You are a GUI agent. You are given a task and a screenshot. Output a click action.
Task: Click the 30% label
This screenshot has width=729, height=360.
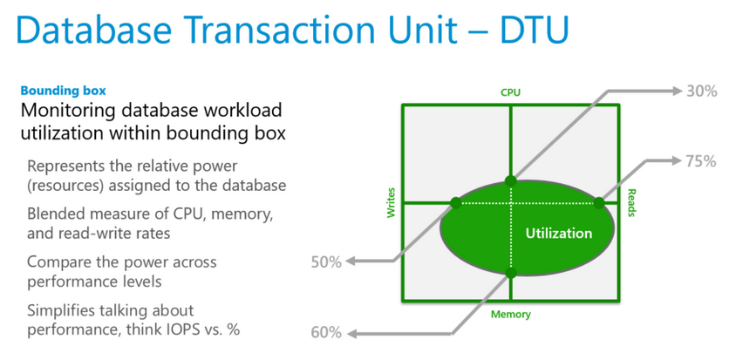pos(702,91)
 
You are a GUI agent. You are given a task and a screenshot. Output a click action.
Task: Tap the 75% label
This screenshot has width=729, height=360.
pos(700,161)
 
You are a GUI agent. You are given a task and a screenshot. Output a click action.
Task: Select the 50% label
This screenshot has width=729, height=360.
pos(326,262)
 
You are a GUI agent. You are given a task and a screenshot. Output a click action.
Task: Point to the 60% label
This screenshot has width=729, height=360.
pos(326,333)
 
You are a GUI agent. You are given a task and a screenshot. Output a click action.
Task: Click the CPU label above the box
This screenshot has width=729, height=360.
pos(510,92)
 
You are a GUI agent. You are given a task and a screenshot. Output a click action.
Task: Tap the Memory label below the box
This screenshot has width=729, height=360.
pos(510,315)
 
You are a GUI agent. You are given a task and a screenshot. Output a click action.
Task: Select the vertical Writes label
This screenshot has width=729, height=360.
pos(391,202)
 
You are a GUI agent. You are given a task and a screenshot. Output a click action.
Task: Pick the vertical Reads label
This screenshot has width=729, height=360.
pos(631,202)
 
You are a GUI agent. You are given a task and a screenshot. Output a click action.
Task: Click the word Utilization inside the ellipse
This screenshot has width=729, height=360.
pos(559,234)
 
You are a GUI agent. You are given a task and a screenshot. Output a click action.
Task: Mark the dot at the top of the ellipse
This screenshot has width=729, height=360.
pos(510,180)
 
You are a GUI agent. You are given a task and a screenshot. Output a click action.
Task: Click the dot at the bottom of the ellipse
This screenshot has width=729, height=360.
pos(510,273)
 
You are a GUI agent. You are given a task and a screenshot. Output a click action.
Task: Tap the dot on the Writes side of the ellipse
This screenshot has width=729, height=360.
pos(455,202)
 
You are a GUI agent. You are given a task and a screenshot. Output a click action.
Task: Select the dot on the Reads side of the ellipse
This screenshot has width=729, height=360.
pos(599,202)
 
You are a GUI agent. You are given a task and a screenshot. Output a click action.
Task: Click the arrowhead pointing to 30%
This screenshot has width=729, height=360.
pos(677,91)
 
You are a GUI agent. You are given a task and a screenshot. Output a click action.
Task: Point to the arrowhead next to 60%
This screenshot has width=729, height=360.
pos(352,333)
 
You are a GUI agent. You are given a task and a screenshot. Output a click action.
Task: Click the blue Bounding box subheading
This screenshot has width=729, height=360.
pos(64,90)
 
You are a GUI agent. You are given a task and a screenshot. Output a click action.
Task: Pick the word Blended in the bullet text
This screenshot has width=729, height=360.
pos(53,214)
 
